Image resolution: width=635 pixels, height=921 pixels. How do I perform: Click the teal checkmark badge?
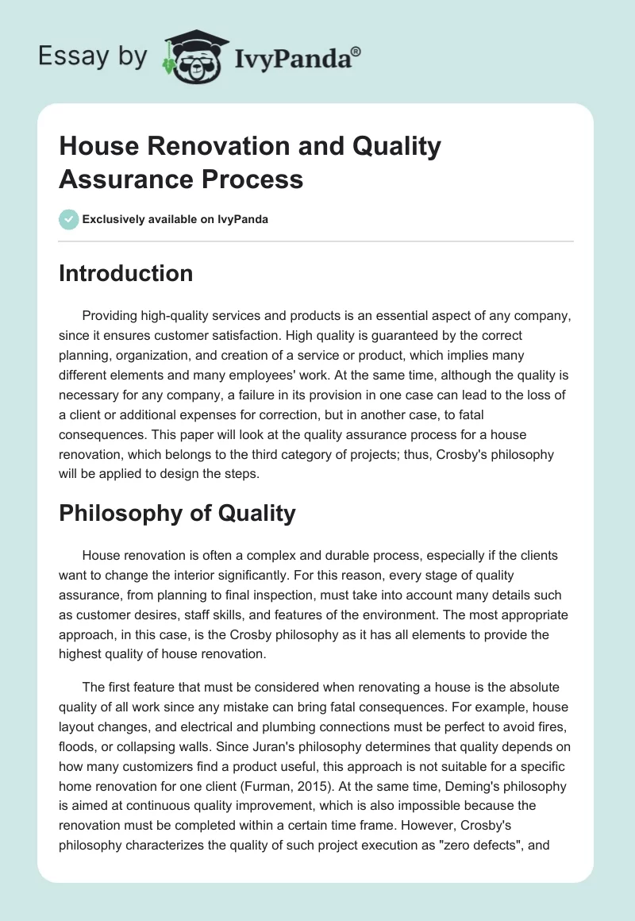[x=69, y=219]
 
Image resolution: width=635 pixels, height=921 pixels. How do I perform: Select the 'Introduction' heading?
[x=126, y=273]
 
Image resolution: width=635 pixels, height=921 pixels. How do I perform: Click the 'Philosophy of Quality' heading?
[x=177, y=513]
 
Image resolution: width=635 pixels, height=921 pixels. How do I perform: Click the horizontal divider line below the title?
[x=317, y=241]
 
